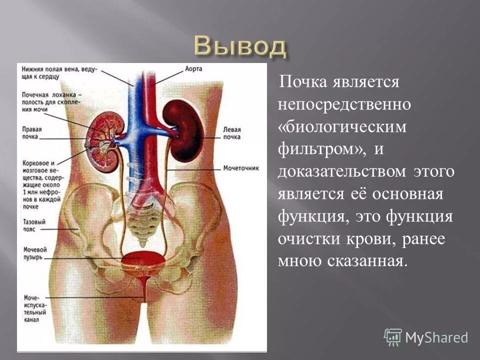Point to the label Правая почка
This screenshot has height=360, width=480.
point(32,132)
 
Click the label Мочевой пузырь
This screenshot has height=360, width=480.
point(35,253)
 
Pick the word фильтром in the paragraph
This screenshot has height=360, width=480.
point(323,149)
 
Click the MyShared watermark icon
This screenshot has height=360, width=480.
point(393,336)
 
